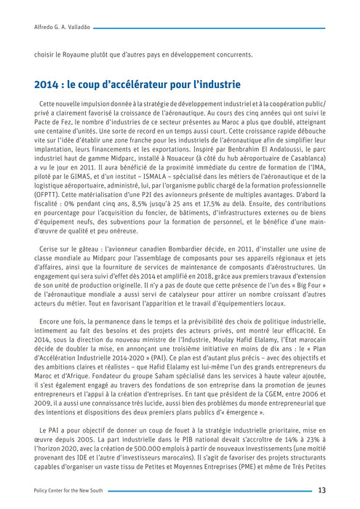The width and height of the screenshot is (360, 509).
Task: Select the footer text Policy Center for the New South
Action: click(x=69, y=491)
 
